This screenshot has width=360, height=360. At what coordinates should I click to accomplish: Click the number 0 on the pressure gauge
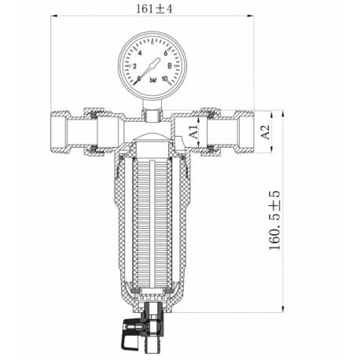[139, 79]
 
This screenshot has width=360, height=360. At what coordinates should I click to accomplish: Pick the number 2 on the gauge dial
[134, 66]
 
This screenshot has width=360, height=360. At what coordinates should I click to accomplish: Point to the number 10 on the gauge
[165, 79]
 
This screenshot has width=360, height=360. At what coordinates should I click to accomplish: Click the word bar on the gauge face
[152, 81]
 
